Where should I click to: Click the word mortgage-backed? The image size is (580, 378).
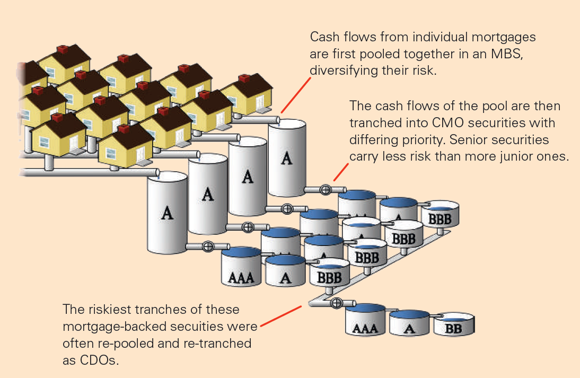pos(113,327)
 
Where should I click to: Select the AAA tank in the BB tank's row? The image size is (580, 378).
pos(365,322)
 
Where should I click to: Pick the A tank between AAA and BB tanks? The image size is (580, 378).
pos(409,323)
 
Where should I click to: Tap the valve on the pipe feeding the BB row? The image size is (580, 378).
pos(336,303)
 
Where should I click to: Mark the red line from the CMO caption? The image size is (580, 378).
pos(341,172)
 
